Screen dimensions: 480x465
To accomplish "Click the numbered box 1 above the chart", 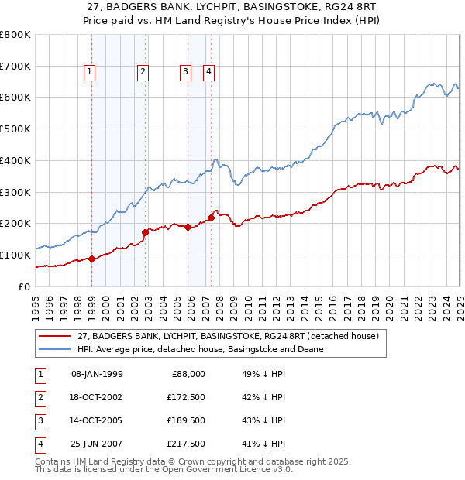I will click(x=90, y=73).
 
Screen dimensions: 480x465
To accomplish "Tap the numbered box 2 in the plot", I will click(x=143, y=73).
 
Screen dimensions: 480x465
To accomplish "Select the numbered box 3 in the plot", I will click(x=186, y=73).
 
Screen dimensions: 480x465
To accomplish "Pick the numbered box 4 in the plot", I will click(x=209, y=73).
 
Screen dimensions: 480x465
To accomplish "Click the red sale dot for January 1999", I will click(x=92, y=259).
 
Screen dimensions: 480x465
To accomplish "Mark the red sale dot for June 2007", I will click(x=212, y=218).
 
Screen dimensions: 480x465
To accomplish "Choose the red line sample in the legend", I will click(x=55, y=337).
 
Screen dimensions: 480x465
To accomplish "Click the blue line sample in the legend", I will click(x=55, y=349).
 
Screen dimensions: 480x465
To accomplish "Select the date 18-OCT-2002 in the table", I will click(x=97, y=397).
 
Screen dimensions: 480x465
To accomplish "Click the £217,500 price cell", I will click(x=186, y=444).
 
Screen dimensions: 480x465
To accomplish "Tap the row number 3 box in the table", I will click(x=38, y=420).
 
